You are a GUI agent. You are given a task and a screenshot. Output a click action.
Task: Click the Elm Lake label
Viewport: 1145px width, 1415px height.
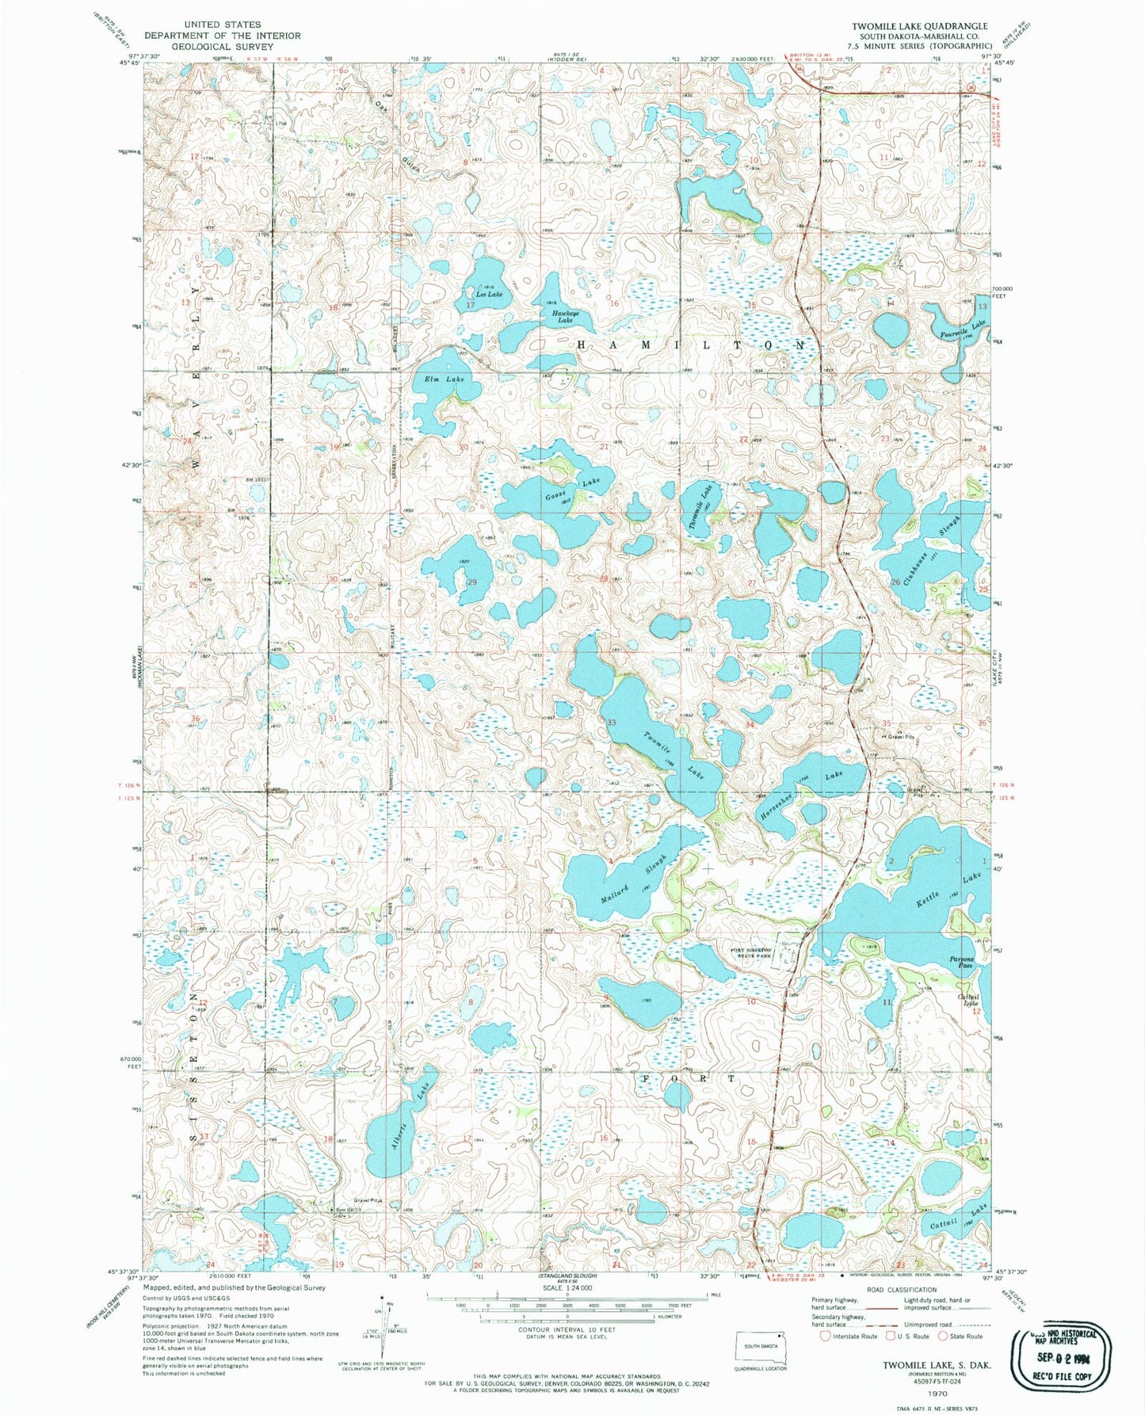(444, 379)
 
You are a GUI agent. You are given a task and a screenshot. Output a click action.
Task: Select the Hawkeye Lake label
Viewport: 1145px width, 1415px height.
(561, 316)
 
